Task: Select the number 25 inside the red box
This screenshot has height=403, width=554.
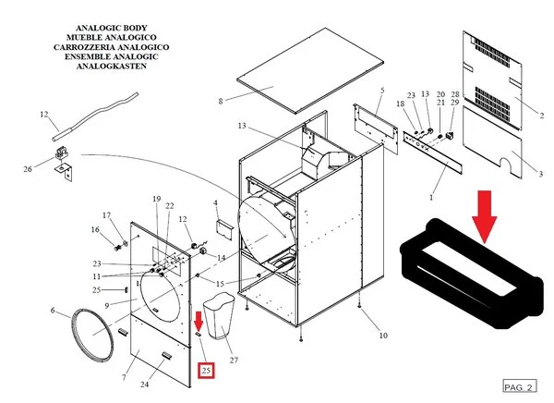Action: click(x=206, y=371)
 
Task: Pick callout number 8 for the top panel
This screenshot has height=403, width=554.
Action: click(x=221, y=101)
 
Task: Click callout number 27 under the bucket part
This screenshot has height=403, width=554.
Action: click(x=234, y=360)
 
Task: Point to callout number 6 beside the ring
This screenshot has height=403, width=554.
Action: click(x=53, y=311)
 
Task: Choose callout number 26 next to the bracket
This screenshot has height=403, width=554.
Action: click(x=28, y=168)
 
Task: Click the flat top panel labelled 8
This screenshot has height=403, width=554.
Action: click(x=305, y=73)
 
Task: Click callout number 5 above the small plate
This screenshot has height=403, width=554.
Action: click(x=381, y=90)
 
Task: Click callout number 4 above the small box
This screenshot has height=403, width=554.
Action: click(x=216, y=202)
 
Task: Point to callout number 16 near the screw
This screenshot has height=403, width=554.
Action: click(x=94, y=230)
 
